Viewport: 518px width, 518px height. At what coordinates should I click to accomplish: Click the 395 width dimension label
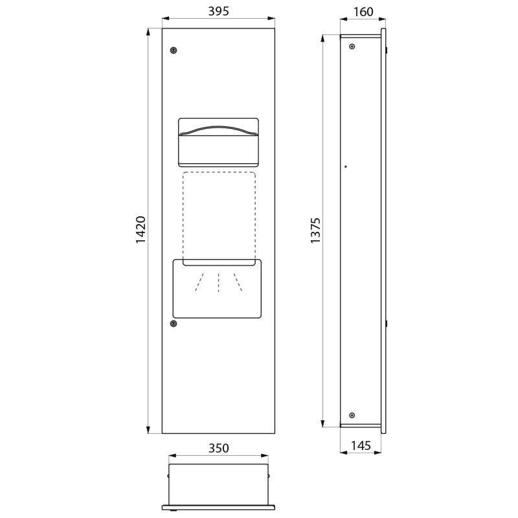click(x=218, y=11)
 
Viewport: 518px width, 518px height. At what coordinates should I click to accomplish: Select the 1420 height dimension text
click(x=141, y=230)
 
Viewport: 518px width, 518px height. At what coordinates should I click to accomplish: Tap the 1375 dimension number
click(x=315, y=231)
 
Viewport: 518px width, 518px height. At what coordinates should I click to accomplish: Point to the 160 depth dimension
click(x=363, y=12)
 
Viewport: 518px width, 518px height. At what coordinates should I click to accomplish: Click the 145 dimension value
click(x=361, y=445)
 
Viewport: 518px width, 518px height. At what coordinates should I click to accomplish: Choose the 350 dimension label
click(x=218, y=448)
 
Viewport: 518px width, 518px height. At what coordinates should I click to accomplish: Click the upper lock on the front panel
click(x=174, y=51)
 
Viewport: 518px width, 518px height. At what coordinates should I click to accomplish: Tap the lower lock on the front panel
click(x=174, y=323)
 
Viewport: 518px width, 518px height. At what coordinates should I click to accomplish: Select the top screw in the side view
click(x=352, y=47)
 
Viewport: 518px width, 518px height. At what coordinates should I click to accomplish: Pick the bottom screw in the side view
click(x=352, y=415)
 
